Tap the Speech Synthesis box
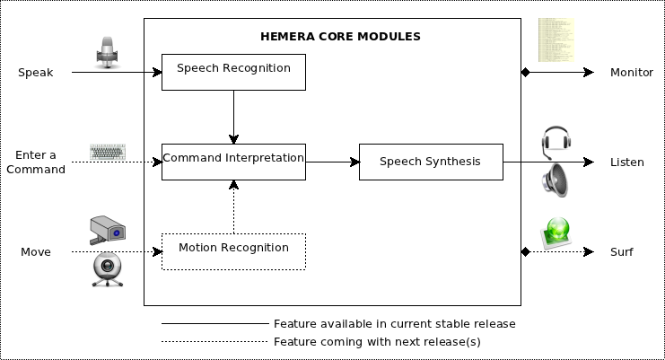(430, 162)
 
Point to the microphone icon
(108, 52)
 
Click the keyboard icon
(108, 152)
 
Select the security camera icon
(108, 230)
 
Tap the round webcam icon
(108, 269)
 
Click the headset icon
(556, 142)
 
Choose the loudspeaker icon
(555, 180)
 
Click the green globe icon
(556, 233)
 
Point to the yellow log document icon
(555, 40)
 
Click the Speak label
(36, 73)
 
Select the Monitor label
(631, 73)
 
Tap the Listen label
(627, 162)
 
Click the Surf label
(622, 252)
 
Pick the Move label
(36, 252)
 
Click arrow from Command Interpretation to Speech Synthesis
(332, 162)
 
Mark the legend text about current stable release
(394, 323)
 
